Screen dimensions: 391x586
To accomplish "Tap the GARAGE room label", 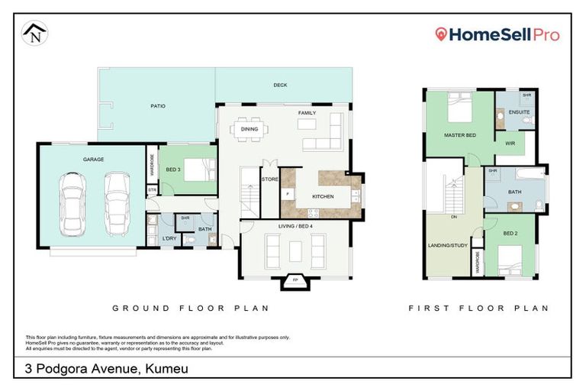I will (x=94, y=160).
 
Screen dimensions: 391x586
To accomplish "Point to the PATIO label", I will (x=158, y=106).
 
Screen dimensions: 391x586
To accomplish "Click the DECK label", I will (x=280, y=86).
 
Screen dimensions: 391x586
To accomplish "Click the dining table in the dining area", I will (x=250, y=129).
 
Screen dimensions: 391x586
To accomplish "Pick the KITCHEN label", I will (x=323, y=197).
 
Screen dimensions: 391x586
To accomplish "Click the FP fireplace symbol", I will (x=295, y=280).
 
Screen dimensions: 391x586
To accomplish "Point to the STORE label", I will (x=270, y=180).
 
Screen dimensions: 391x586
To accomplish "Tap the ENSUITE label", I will (x=520, y=112).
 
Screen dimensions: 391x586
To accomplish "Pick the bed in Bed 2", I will (x=513, y=260).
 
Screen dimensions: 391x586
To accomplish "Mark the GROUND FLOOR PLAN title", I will (x=191, y=309).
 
